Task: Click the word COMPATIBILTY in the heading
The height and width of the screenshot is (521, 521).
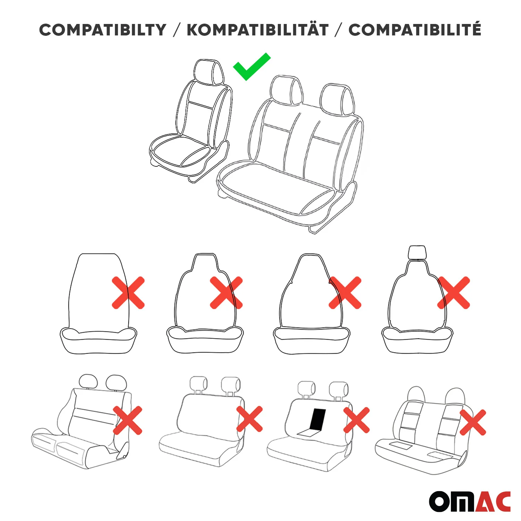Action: pos(103,30)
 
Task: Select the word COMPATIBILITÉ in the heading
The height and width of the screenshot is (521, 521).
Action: pos(415,29)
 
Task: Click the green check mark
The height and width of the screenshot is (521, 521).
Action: pos(251,66)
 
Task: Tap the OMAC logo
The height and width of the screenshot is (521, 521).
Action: pos(470,501)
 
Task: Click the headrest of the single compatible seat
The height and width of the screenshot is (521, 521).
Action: pos(209,72)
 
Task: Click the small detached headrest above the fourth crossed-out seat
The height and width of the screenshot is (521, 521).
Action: pos(417,253)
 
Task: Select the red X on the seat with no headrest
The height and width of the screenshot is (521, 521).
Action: pos(128,293)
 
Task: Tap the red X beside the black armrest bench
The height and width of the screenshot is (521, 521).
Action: pos(356,420)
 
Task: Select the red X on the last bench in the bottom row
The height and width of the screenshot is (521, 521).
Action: pos(473,422)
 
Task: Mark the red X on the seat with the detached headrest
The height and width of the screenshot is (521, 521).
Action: pos(454,293)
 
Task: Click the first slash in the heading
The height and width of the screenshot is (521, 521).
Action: pos(177,30)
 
